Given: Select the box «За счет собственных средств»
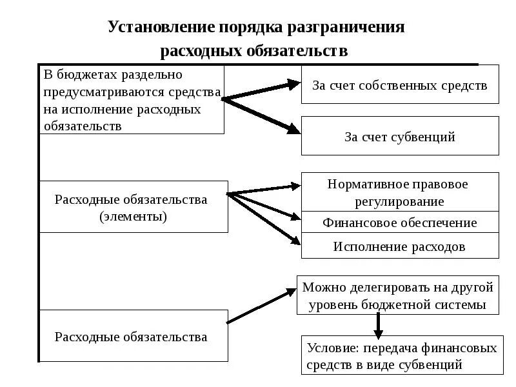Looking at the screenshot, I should point(400,84).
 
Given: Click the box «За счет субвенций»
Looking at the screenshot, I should point(400,136).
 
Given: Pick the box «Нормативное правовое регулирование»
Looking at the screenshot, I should point(400,192).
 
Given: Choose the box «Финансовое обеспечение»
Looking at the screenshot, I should point(400,223).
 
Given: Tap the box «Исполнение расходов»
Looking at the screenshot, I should point(400,246).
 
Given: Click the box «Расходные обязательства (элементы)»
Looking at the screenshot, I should point(134,207).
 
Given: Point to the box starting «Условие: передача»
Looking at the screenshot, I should point(402,355).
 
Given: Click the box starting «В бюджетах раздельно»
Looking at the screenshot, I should point(132,99).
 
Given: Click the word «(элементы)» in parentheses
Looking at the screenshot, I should point(134,216).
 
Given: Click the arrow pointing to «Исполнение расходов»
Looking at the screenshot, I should point(265,219).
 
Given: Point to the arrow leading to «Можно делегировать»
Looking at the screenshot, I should point(261,306).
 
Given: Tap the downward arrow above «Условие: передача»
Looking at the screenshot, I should point(378,326).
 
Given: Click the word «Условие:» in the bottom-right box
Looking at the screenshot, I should point(333,348).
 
